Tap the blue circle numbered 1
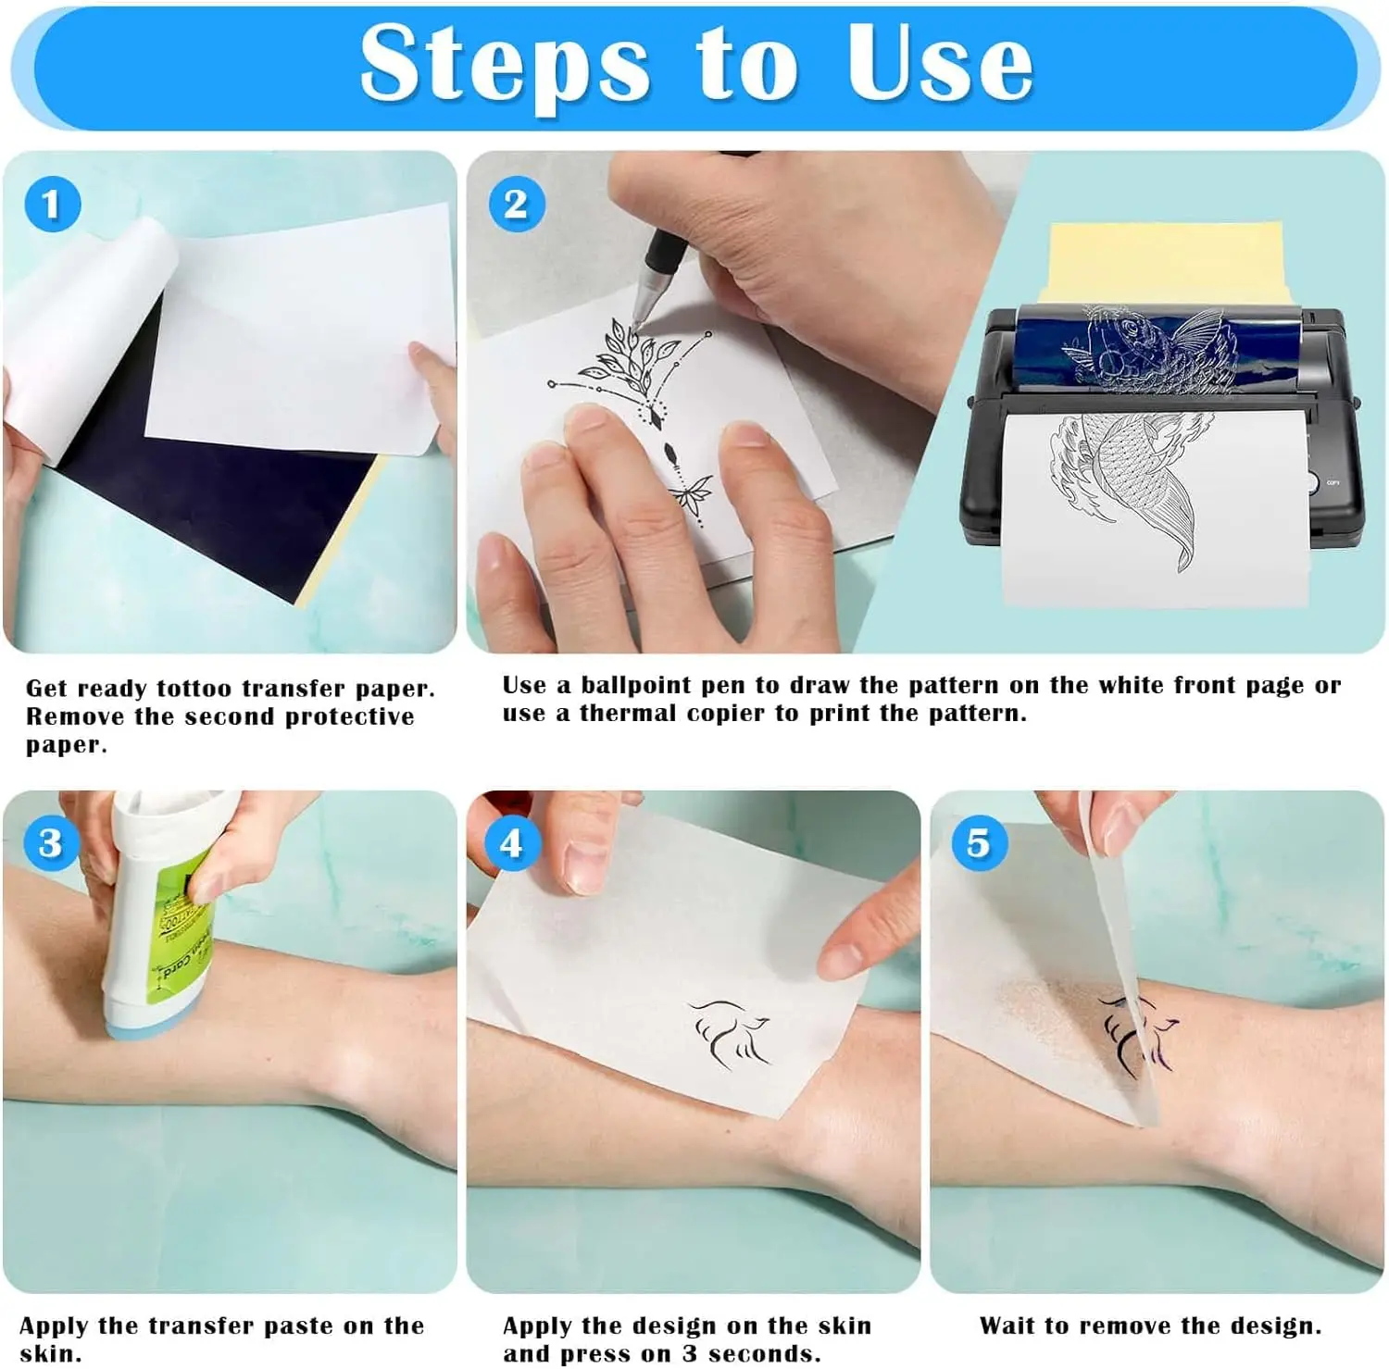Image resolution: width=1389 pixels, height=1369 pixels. [52, 205]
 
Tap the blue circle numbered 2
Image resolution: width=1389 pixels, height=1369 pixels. [516, 205]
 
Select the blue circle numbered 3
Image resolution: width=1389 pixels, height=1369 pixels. [50, 842]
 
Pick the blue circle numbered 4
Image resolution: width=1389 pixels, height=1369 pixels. [511, 843]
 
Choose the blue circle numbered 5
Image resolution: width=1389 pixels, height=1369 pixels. [978, 843]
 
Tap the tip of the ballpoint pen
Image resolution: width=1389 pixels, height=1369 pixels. [637, 322]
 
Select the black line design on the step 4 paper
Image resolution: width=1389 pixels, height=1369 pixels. [732, 1032]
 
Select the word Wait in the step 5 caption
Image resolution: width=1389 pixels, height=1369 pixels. [1007, 1326]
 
